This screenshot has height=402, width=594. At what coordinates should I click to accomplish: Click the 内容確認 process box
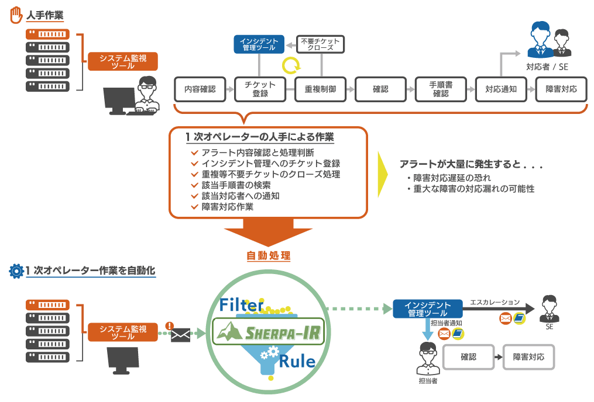pyautogui.click(x=200, y=89)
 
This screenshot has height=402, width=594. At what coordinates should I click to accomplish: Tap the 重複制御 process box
pyautogui.click(x=320, y=89)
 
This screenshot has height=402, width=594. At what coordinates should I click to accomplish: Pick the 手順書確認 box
pyautogui.click(x=439, y=89)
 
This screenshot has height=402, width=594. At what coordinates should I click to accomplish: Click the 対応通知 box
pyautogui.click(x=499, y=89)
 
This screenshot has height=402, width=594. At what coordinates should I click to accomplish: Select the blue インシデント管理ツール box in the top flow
pyautogui.click(x=259, y=44)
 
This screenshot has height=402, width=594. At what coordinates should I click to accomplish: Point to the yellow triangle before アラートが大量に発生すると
pyautogui.click(x=383, y=175)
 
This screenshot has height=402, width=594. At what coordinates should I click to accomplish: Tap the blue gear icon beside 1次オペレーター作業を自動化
pyautogui.click(x=16, y=271)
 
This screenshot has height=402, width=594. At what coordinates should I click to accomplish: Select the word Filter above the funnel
pyautogui.click(x=242, y=304)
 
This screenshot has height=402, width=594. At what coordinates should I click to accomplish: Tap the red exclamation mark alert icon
pyautogui.click(x=169, y=325)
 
